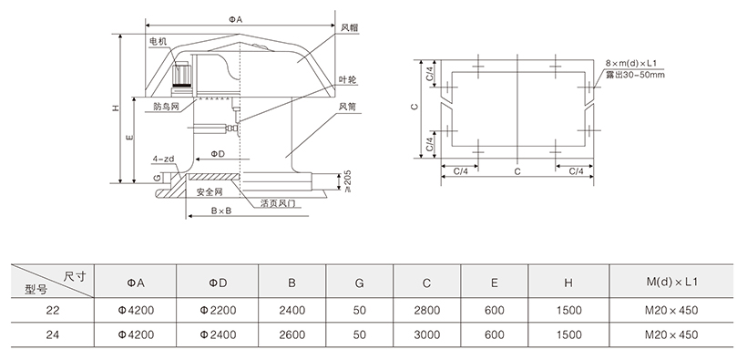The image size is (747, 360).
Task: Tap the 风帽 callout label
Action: pos(349,27)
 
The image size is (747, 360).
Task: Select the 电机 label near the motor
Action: pos(159,42)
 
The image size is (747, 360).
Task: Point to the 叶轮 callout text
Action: pos(348,79)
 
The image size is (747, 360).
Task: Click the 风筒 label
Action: pos(348,107)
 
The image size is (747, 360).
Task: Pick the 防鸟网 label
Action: pos(167,107)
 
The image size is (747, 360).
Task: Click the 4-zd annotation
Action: pos(162,159)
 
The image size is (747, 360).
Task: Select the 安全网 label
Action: pos(210,192)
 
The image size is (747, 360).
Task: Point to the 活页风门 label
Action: pos(278,203)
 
